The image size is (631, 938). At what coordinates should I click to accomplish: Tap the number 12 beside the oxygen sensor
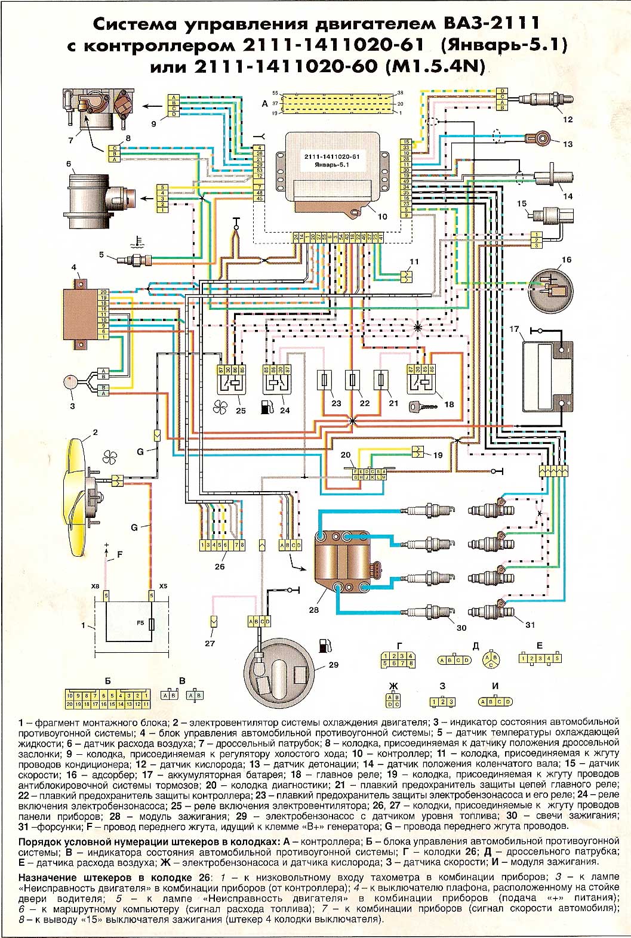click(x=568, y=119)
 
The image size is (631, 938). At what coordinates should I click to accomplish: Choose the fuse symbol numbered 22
click(x=353, y=380)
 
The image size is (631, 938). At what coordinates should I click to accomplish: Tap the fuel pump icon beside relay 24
click(x=267, y=408)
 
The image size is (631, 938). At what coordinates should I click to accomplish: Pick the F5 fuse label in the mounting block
click(x=141, y=623)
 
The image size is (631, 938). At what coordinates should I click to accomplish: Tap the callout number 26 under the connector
click(x=220, y=566)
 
